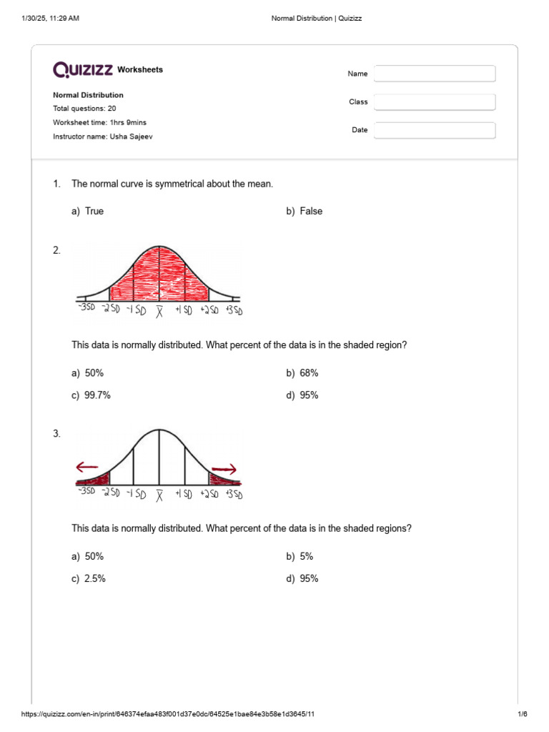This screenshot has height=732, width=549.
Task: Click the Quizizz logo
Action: (x=83, y=69)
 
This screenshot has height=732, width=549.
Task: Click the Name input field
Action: (x=435, y=74)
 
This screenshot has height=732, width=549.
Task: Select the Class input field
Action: (x=435, y=102)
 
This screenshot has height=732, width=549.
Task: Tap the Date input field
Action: (x=435, y=130)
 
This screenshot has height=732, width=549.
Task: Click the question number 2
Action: (x=57, y=250)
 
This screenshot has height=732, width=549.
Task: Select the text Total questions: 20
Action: (x=84, y=109)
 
